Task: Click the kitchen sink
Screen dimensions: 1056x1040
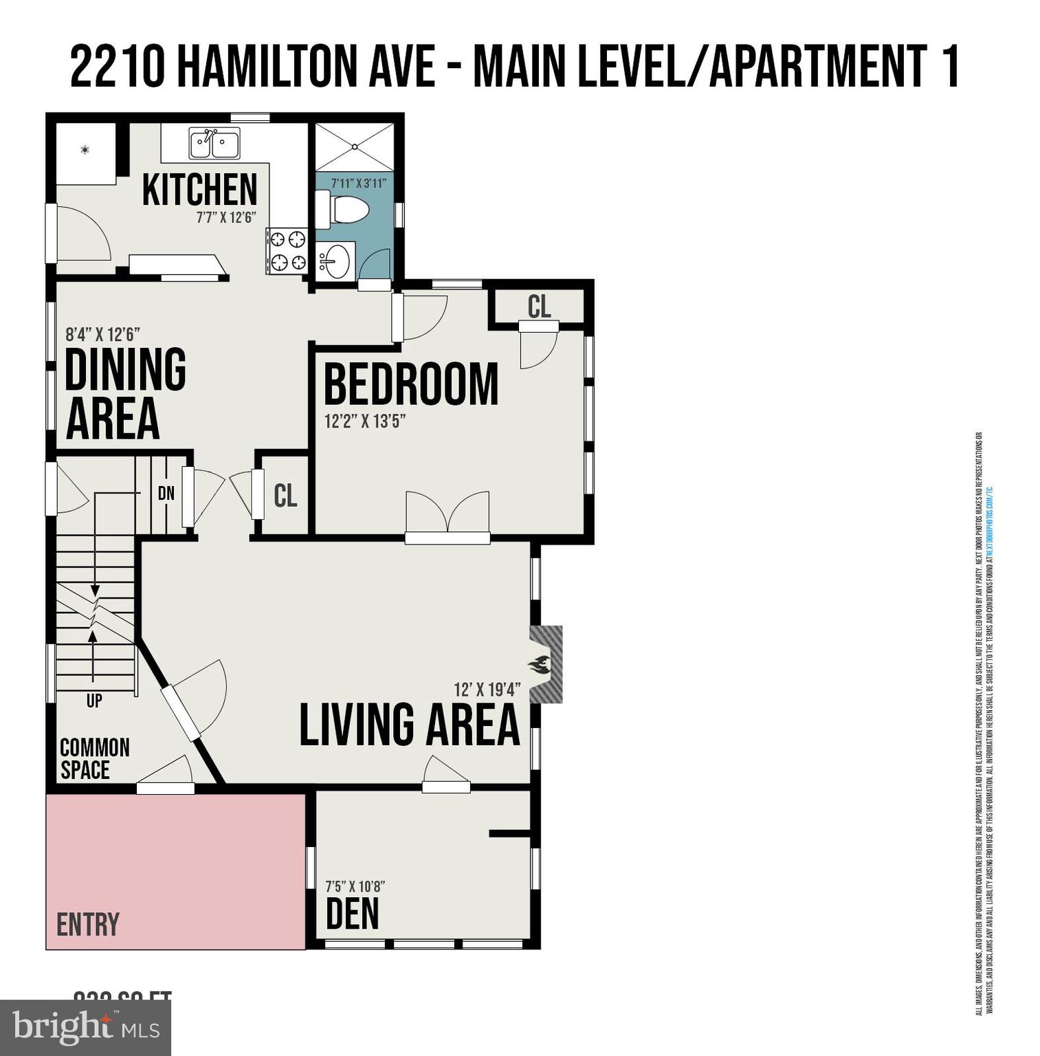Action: pos(214,144)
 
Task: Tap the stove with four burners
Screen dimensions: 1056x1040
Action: pos(287,250)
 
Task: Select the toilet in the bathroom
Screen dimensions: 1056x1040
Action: pos(344,209)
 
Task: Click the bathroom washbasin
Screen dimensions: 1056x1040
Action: pos(335,261)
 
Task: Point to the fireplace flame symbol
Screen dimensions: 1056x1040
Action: pos(540,665)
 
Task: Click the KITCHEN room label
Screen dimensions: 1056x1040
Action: pos(199,190)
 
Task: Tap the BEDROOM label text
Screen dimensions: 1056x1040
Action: pos(410,385)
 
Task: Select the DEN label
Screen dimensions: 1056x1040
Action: pos(352,914)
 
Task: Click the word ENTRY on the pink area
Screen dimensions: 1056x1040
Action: pos(88,925)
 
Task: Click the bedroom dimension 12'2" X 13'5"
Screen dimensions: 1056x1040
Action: pos(365,421)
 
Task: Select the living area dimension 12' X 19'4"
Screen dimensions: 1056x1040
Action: pos(487,689)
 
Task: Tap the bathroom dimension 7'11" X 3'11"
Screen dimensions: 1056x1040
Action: pos(358,184)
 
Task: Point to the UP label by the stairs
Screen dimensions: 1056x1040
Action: pos(94,701)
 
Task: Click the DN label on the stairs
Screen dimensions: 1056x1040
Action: pos(166,493)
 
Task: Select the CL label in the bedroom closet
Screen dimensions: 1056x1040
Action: pos(539,307)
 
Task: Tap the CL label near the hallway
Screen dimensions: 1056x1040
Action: pos(285,495)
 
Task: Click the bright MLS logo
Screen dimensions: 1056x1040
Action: pos(85,1028)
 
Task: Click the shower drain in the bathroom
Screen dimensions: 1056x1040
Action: pos(355,146)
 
